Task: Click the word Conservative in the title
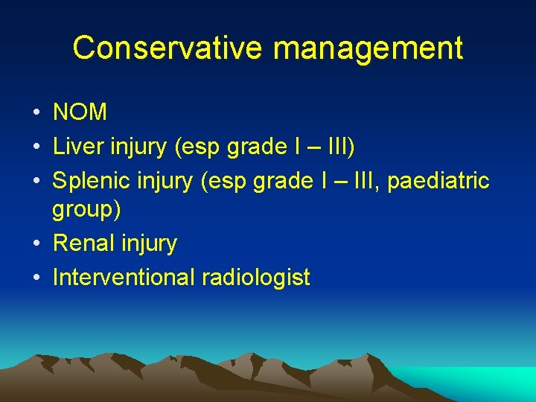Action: tap(167, 48)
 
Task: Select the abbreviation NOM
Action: tap(80, 112)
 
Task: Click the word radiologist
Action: tap(255, 278)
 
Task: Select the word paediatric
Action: tap(439, 181)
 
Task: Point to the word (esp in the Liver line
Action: tap(195, 147)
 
